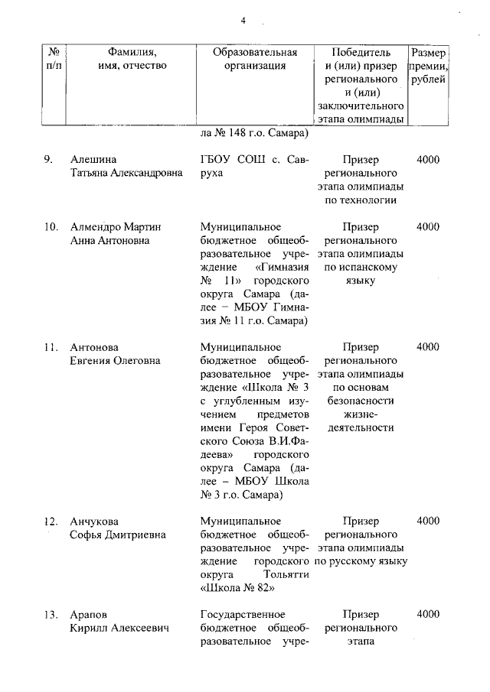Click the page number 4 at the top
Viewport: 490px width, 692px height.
pos(243,21)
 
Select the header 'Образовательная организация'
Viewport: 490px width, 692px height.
pos(255,59)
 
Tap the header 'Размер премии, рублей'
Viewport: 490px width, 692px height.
pos(429,66)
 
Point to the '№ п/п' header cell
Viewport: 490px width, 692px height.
pos(54,59)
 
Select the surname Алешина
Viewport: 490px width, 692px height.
pos(93,160)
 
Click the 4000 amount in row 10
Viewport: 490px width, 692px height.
pos(428,227)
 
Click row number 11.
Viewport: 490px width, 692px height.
pos(50,346)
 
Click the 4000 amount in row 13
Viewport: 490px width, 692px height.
pos(428,614)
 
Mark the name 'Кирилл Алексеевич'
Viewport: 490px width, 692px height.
pos(119,628)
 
